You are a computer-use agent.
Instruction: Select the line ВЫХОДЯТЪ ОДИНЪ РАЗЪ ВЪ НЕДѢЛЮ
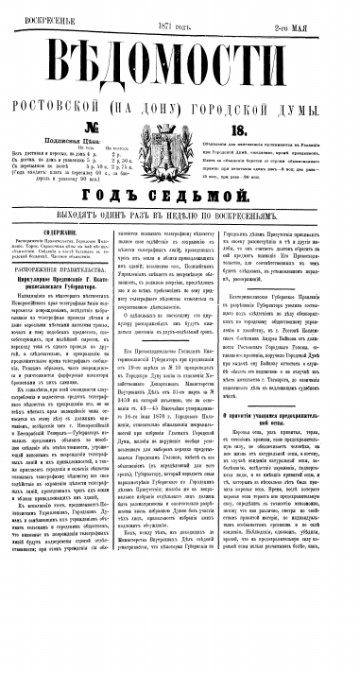pyautogui.click(x=180, y=215)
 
